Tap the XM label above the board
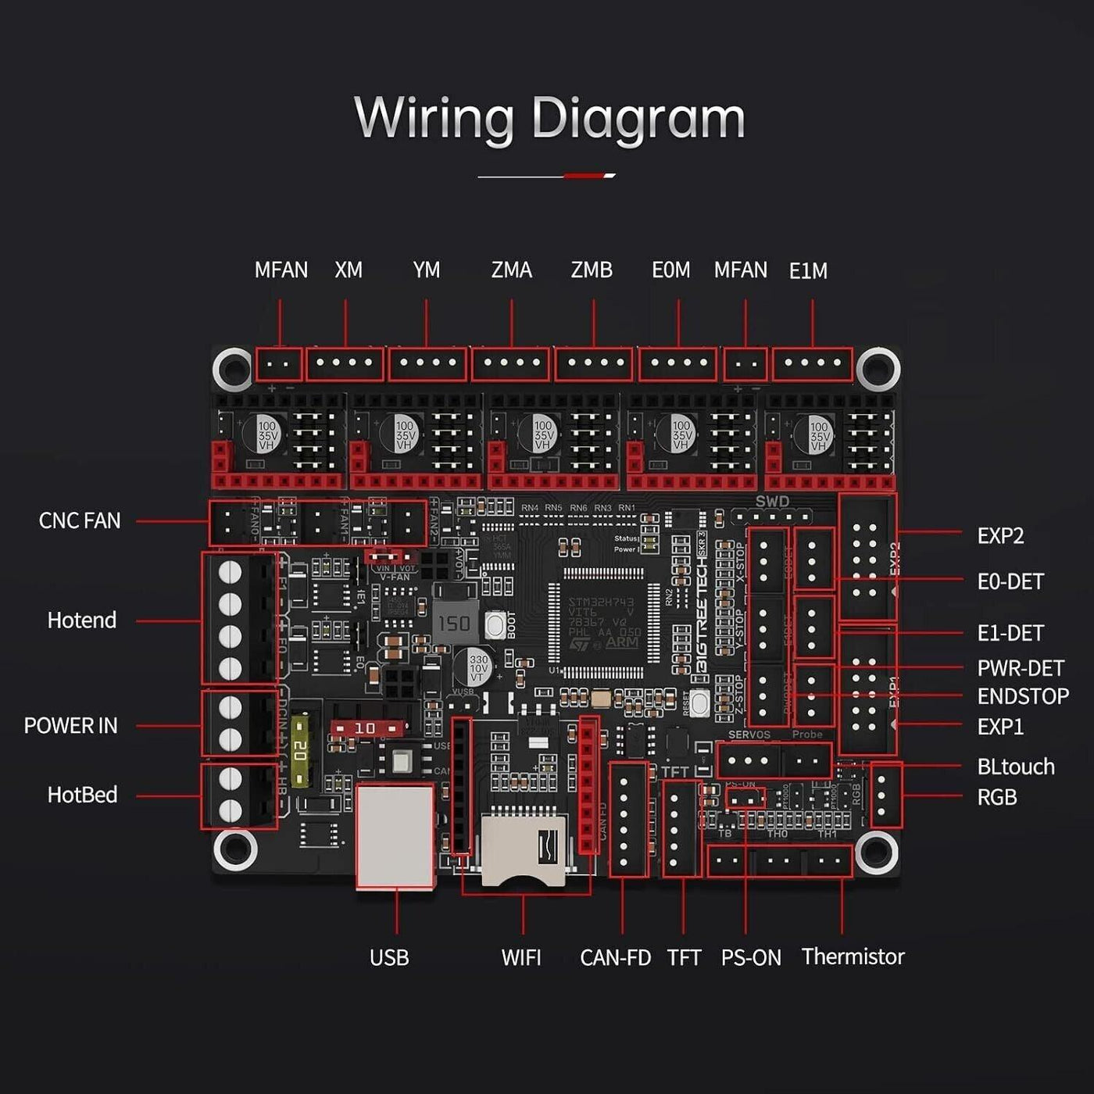coord(349,270)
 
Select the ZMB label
coord(592,270)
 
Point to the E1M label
coord(808,271)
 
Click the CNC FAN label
coord(80,521)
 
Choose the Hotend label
coord(82,620)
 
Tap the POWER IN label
coord(71,726)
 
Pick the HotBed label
coord(82,795)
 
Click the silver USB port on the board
coord(395,836)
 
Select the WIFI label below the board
coord(521,957)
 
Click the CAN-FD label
coord(616,957)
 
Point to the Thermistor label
coord(853,956)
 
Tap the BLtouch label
coord(1016,767)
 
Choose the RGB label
coord(997,797)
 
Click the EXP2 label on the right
coord(1000,536)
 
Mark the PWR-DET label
coord(1021,668)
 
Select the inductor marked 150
coord(454,623)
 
